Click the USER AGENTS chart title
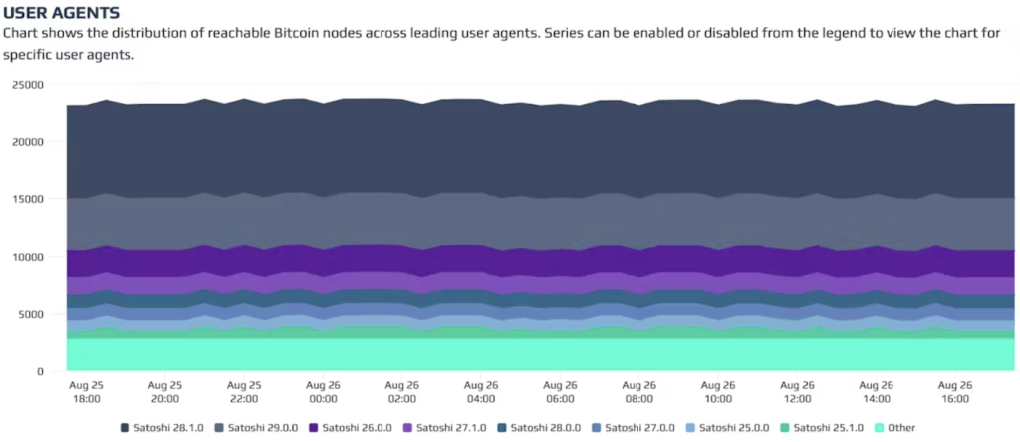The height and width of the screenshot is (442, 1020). click(62, 13)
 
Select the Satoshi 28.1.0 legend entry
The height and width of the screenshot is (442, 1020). click(165, 428)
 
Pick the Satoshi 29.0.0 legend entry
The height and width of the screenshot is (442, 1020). click(261, 428)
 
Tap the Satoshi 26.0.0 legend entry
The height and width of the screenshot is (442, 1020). click(356, 428)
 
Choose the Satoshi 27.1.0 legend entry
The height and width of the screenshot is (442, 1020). click(450, 428)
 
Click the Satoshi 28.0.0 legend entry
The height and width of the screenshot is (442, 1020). click(545, 428)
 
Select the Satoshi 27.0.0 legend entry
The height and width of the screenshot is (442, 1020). click(639, 428)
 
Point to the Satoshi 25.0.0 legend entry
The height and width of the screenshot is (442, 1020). click(734, 428)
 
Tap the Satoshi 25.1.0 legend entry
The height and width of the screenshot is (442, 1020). click(829, 428)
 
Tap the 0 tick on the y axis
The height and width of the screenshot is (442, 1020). click(40, 371)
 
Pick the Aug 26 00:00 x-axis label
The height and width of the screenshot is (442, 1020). click(324, 391)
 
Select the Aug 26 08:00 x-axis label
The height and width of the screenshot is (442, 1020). click(639, 391)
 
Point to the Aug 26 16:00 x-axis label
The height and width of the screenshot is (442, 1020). click(955, 391)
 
